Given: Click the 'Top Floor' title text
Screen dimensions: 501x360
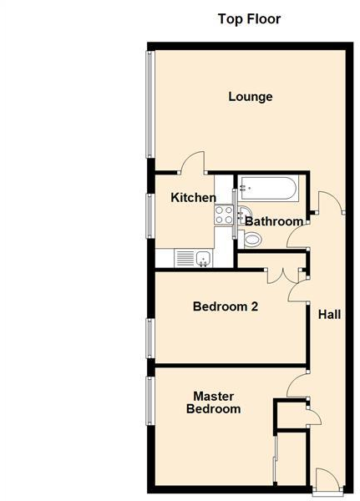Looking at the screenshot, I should pyautogui.click(x=249, y=18).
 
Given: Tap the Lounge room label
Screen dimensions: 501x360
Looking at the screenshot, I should pyautogui.click(x=251, y=97).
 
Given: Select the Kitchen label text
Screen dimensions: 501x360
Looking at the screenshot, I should pyautogui.click(x=193, y=198).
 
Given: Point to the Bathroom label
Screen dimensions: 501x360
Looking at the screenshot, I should pyautogui.click(x=273, y=221).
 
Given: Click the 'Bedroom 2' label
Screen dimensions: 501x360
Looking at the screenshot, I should pyautogui.click(x=225, y=306).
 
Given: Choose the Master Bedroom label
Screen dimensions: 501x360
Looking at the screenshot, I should pyautogui.click(x=213, y=402).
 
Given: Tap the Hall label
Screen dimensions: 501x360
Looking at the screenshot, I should pyautogui.click(x=328, y=315).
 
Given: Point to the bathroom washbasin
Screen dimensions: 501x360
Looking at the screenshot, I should pyautogui.click(x=243, y=212).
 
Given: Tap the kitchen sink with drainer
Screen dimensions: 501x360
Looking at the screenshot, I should pyautogui.click(x=193, y=259).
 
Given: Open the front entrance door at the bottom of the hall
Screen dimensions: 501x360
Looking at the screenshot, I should pyautogui.click(x=327, y=480).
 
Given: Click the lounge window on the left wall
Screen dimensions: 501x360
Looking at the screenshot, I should pyautogui.click(x=150, y=104).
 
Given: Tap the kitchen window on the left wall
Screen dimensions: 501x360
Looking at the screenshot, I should pyautogui.click(x=150, y=215).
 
